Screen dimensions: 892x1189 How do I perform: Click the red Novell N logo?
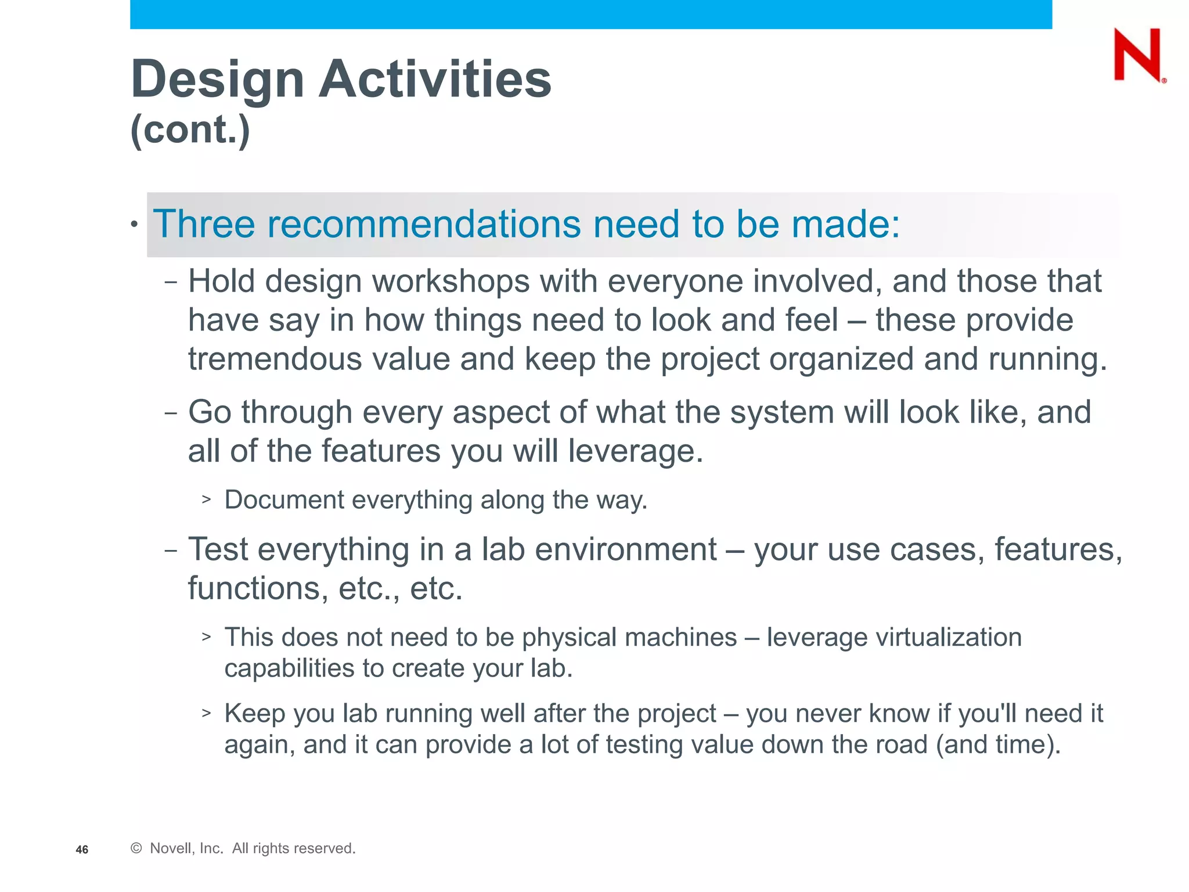pyautogui.click(x=1137, y=55)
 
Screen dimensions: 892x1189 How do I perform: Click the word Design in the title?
pyautogui.click(x=217, y=80)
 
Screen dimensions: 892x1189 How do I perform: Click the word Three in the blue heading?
pyautogui.click(x=204, y=224)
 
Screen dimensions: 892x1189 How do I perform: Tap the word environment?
pyautogui.click(x=625, y=549)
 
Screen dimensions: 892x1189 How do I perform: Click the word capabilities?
pyautogui.click(x=289, y=668)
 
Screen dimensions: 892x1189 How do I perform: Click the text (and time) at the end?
pyautogui.click(x=997, y=744)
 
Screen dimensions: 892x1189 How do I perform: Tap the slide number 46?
pyautogui.click(x=82, y=850)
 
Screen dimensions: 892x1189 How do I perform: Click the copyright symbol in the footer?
pyautogui.click(x=136, y=848)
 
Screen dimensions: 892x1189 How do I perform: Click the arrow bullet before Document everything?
pyautogui.click(x=206, y=499)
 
